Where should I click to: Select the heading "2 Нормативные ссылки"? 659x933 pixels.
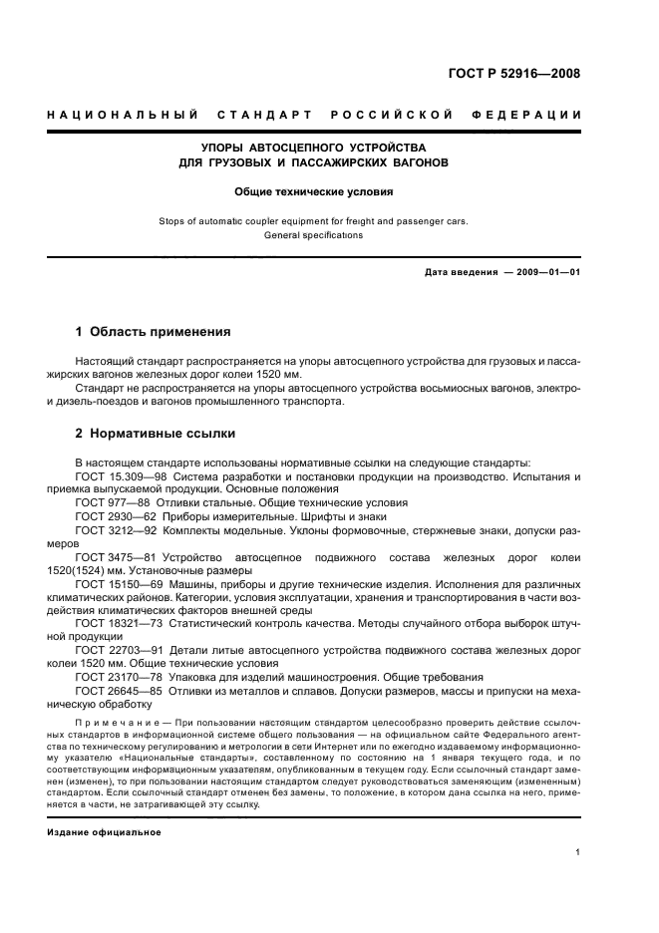(x=156, y=435)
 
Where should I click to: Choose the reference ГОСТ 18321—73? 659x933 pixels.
(x=113, y=621)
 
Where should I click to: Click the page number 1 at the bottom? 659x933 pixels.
(x=578, y=852)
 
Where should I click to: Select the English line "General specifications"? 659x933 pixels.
(x=314, y=235)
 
